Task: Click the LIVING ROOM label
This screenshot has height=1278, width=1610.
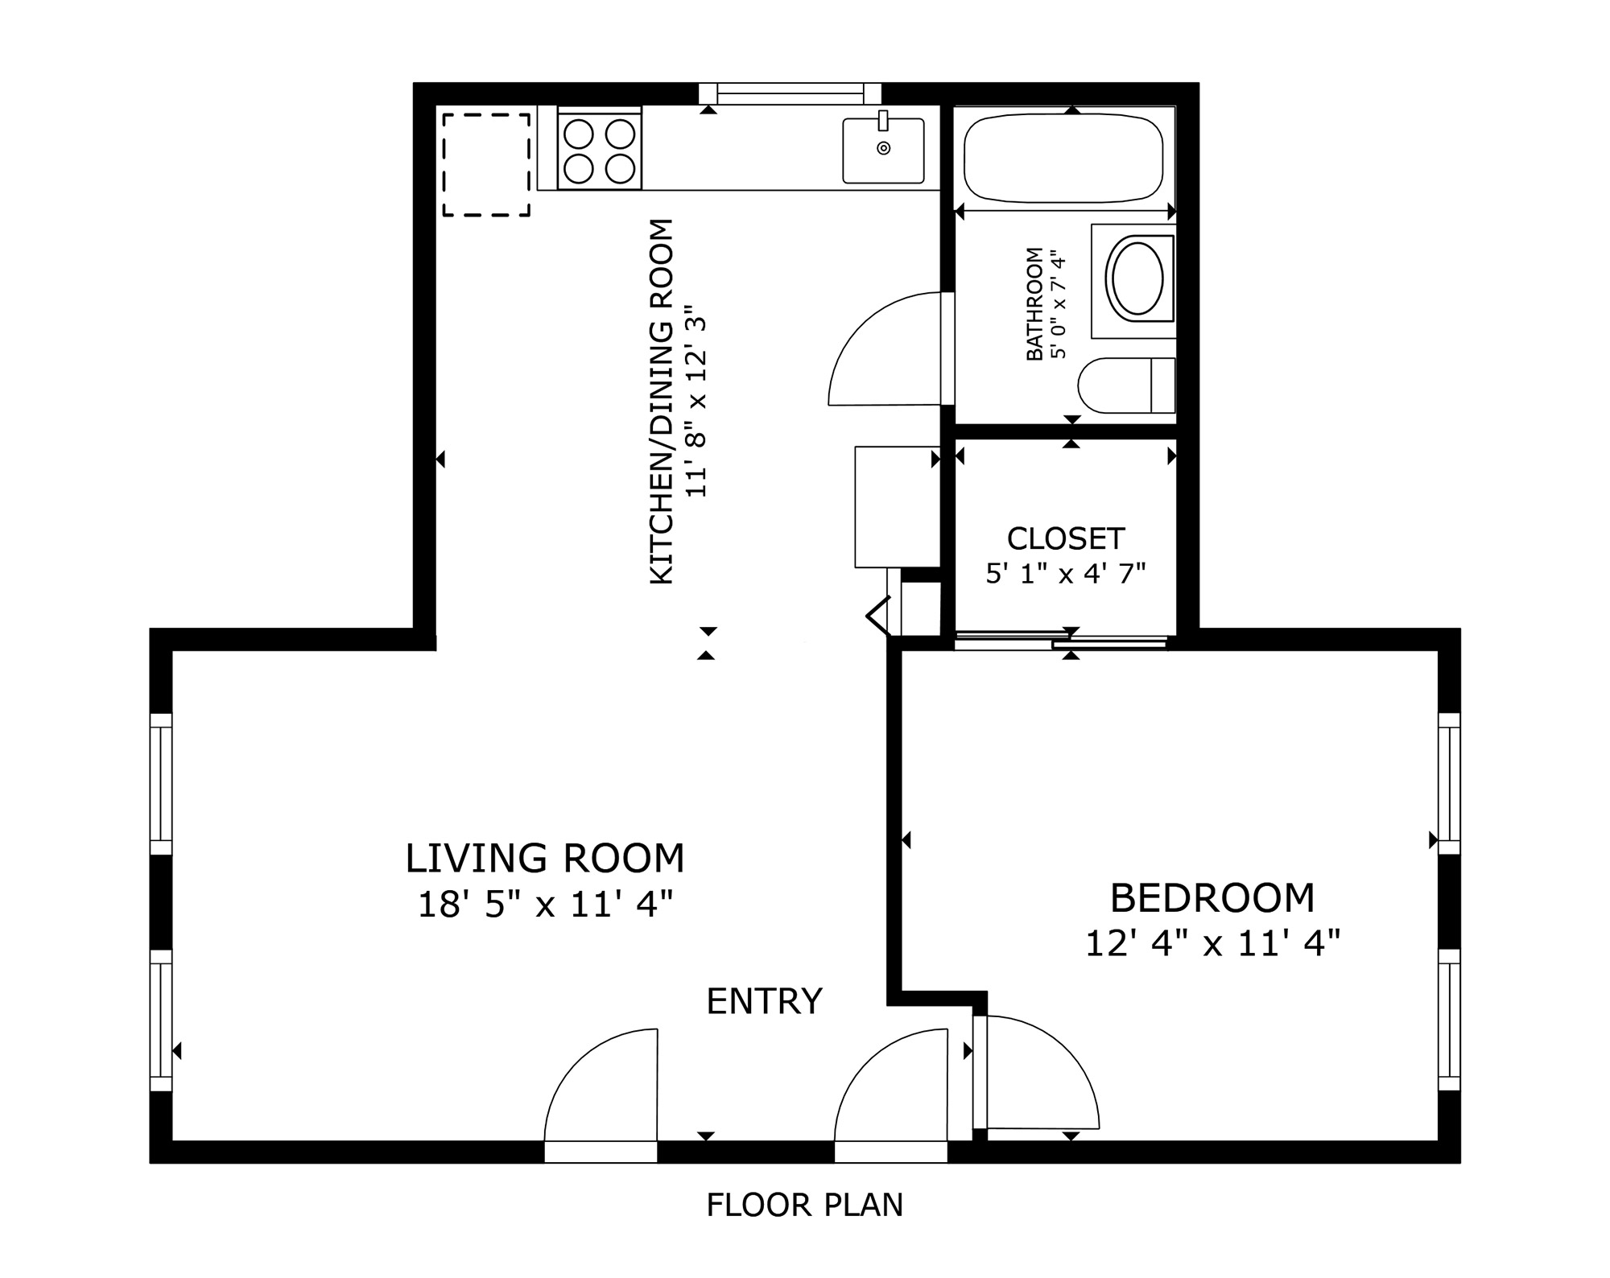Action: point(545,858)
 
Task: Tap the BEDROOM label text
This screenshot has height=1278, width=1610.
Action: point(1212,898)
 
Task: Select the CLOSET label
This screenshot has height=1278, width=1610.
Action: point(1066,538)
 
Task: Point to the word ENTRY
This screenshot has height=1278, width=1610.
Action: point(764,1001)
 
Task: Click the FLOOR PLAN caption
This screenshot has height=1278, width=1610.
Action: point(805,1205)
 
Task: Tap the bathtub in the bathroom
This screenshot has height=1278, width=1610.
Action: point(1063,158)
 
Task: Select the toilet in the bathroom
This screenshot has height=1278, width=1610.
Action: point(1126,385)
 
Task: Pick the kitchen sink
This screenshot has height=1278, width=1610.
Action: point(883,150)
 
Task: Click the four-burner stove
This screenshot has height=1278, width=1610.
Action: point(600,150)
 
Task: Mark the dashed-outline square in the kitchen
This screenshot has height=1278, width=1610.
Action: point(486,165)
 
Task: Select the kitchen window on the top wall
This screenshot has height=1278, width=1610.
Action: point(791,93)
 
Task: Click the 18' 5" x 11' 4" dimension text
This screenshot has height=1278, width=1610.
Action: point(545,905)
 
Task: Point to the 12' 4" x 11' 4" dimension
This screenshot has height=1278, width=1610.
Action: point(1212,943)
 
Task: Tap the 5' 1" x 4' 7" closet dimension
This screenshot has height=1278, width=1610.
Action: point(1066,573)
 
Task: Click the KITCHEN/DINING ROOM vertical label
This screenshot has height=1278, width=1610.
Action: point(662,402)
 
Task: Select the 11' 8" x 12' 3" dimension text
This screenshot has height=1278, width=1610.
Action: point(696,402)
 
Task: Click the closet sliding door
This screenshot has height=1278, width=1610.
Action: point(1060,641)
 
